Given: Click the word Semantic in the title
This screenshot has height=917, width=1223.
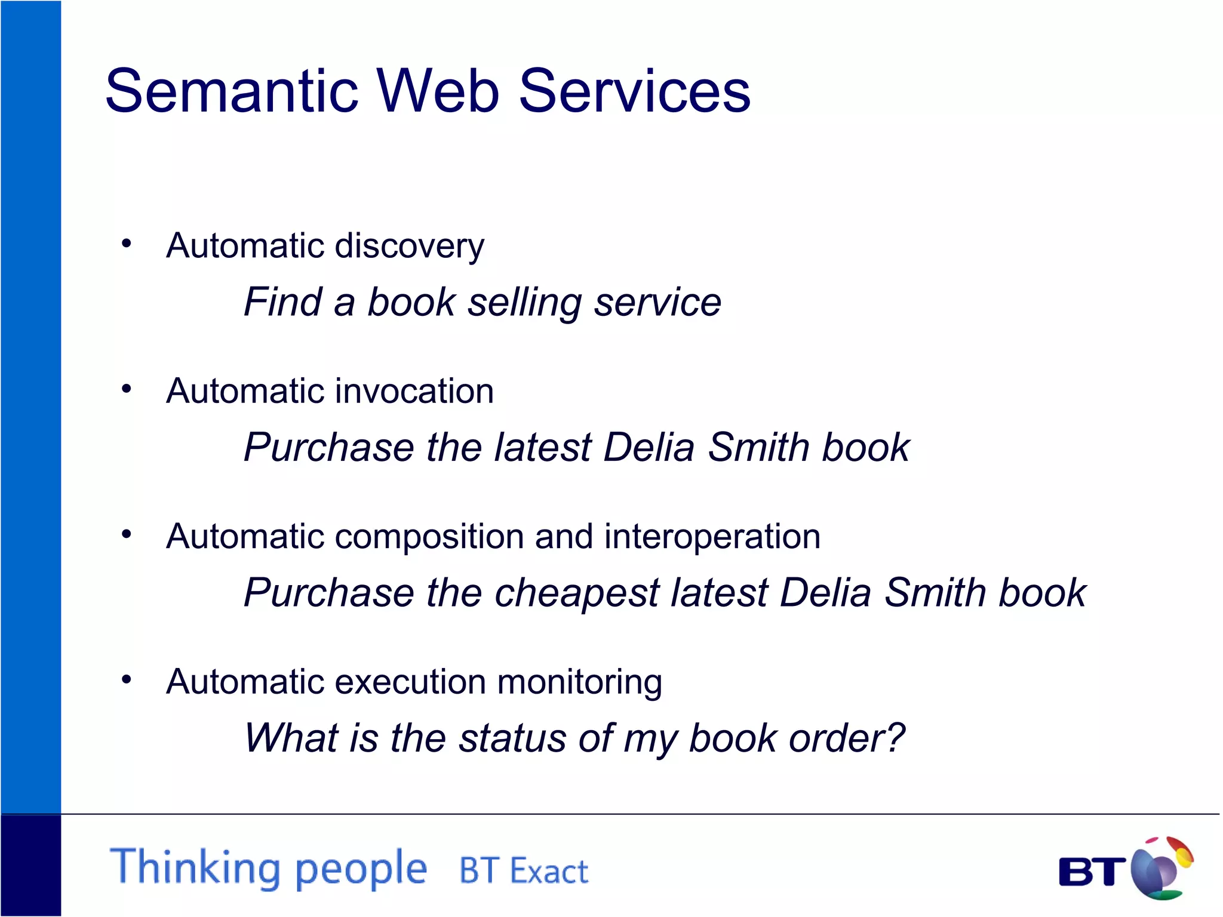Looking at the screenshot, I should coord(232,91).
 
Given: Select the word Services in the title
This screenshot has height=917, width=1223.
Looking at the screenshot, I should coord(634,91).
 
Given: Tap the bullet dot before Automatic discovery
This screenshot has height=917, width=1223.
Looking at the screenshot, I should coord(126,244).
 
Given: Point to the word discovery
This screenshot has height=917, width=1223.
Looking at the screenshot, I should coord(409,246).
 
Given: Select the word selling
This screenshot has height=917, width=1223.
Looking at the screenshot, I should coord(524,303).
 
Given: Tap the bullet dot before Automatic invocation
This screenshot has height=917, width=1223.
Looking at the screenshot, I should coord(126,389).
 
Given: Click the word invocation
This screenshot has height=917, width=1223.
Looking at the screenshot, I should coord(414,391).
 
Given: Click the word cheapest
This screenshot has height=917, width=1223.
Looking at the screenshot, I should coord(576,593).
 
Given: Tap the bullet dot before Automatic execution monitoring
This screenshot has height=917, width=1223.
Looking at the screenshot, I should coord(126,679).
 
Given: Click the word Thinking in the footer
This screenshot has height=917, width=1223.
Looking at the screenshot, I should coord(195,868).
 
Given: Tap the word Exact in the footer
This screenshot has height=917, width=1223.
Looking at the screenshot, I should coord(549,871).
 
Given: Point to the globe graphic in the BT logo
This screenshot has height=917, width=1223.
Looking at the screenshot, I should coord(1161,867).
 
